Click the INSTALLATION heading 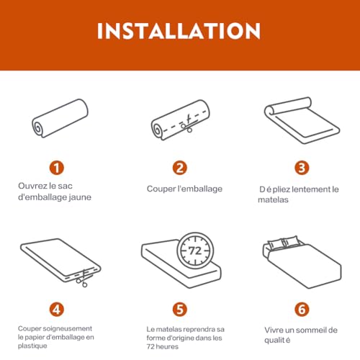coord(179,31)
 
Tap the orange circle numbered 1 coord(56,168)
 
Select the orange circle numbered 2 coord(179,168)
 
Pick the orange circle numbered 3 coord(302,168)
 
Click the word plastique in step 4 coord(33,345)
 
